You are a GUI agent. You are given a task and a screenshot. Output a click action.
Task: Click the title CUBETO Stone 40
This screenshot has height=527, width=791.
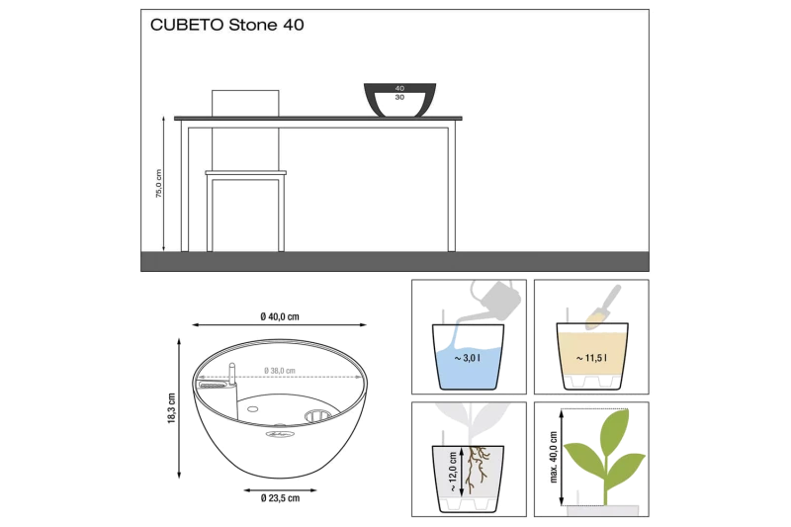[227, 25]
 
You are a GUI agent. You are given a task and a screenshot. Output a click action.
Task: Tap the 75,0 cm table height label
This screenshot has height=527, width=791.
[159, 183]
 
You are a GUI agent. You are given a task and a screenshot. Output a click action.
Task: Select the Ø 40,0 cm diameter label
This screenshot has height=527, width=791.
[280, 316]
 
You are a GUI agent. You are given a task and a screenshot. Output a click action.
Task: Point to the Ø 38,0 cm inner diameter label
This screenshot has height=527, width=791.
[280, 371]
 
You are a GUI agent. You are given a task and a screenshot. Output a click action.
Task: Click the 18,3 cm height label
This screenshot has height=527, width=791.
[171, 408]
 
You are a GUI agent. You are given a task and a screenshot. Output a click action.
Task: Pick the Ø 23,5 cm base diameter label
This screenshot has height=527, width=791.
[280, 498]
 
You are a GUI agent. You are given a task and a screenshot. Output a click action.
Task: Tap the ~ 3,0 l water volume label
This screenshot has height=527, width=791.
[467, 358]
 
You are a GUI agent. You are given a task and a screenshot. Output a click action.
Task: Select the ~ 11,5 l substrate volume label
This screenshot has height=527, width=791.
[591, 358]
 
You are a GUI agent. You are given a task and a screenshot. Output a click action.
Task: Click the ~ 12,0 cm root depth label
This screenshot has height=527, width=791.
[453, 472]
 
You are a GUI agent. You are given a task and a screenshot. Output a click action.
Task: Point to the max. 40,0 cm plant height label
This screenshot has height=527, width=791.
[554, 458]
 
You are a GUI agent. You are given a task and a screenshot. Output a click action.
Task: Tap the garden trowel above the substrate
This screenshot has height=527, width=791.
[604, 307]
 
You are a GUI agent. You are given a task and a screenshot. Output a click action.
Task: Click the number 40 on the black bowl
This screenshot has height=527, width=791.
[399, 88]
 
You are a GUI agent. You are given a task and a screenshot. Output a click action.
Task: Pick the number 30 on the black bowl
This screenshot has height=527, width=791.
[399, 97]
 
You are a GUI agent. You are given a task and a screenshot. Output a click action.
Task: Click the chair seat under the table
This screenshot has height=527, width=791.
[245, 173]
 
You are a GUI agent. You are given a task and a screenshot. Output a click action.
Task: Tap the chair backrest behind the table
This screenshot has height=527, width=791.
[245, 104]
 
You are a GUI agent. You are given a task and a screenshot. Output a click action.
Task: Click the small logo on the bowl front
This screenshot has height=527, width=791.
[279, 433]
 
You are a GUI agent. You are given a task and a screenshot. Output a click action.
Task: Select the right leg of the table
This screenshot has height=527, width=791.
[452, 188]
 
